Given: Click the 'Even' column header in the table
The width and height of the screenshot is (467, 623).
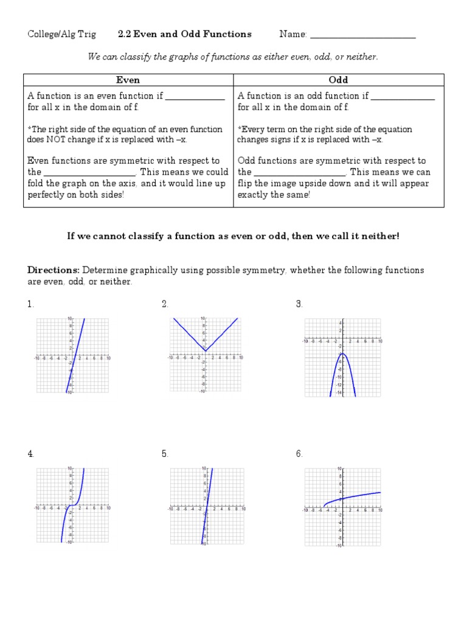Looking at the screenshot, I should (128, 80).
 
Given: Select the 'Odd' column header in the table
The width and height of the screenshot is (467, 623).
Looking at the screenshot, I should (338, 80).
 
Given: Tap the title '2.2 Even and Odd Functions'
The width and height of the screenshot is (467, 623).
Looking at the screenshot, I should (184, 34).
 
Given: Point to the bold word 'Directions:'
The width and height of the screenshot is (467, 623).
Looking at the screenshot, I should (54, 270).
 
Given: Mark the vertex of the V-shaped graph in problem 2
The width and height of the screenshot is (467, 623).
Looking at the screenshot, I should (206, 350).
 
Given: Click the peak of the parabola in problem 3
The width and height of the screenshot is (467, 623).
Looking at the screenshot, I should (343, 353).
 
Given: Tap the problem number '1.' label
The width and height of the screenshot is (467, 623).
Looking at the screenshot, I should (30, 304).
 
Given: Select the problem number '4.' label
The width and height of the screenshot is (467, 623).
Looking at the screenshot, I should (30, 454).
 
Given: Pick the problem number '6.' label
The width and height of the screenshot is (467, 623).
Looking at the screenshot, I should (300, 454).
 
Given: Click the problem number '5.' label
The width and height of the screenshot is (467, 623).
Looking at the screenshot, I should (165, 454).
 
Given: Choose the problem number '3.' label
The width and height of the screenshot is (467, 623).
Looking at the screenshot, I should (300, 304).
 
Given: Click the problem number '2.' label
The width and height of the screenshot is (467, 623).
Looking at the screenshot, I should (165, 304).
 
